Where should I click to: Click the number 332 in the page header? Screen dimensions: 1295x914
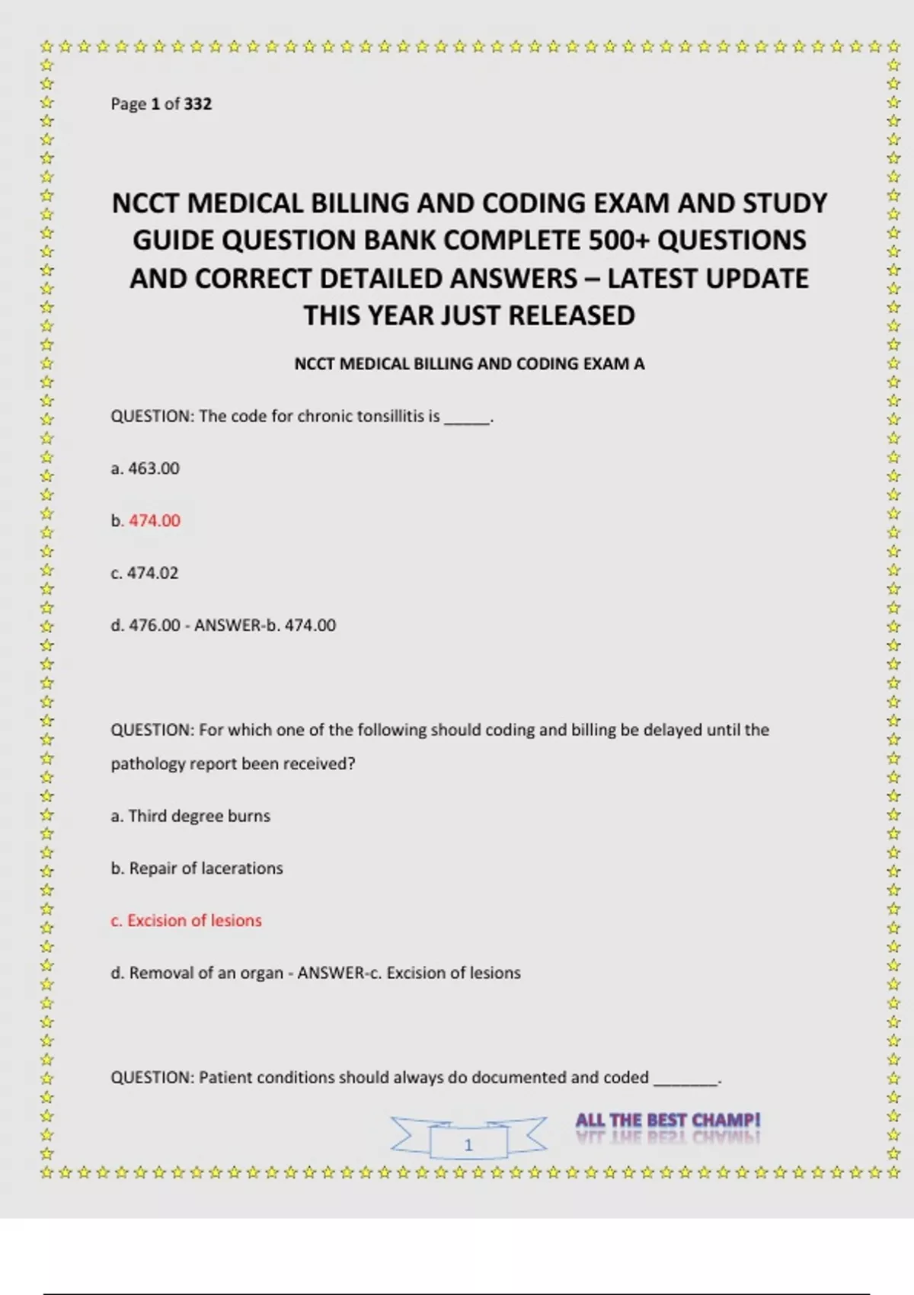coord(197,104)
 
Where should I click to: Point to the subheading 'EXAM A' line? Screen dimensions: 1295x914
coord(469,364)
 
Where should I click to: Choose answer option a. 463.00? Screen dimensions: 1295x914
coord(145,468)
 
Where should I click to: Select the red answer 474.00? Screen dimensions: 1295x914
coord(155,521)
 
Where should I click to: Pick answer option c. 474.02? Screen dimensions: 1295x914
coord(145,573)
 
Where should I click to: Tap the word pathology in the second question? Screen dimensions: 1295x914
coord(148,764)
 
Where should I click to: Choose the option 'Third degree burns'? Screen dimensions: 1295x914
coord(199,816)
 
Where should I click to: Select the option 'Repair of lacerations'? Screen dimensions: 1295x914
coord(206,868)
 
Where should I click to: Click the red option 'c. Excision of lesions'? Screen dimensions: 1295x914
coord(187,921)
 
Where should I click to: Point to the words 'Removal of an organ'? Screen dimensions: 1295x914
coord(206,973)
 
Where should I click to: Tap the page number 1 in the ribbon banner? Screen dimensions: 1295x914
coord(468,1144)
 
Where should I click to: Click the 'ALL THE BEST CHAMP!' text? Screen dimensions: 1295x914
coord(668,1120)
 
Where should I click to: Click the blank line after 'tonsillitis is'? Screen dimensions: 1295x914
coord(467,417)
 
